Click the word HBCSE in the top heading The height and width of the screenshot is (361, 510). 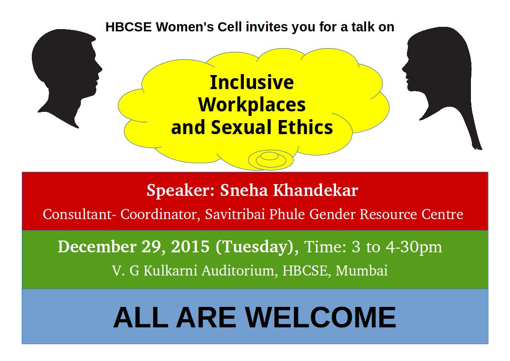tap(129, 27)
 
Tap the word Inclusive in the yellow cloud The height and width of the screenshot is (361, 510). tap(252, 82)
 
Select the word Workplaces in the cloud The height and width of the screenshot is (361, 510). tap(252, 105)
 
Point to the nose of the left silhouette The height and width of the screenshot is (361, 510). tap(100, 69)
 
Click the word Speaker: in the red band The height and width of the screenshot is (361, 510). tap(180, 190)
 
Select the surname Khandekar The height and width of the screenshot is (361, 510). tap(315, 190)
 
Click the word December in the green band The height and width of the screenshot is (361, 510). tap(97, 246)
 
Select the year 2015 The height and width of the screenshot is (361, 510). tap(190, 246)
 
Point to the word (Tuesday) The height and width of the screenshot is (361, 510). tap(257, 247)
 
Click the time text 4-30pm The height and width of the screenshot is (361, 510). tap(414, 247)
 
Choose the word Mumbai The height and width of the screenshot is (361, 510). tap(361, 271)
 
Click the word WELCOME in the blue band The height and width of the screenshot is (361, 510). tap(320, 317)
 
